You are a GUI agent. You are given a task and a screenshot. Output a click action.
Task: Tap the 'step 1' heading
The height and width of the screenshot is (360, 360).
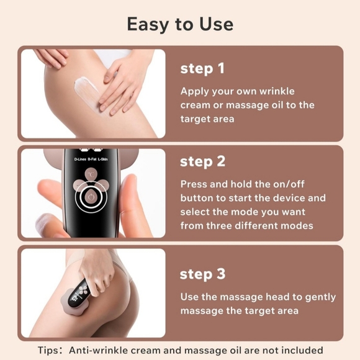pos(202,68)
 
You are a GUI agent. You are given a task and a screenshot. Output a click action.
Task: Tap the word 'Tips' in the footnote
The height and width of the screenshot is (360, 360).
pos(49,351)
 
